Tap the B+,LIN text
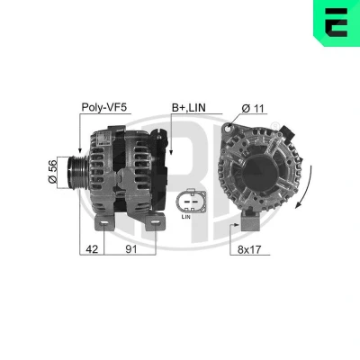[189, 108]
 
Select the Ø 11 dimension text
[253, 108]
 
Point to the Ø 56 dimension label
[52, 171]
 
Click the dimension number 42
[92, 248]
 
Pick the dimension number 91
[130, 248]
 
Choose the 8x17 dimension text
[249, 249]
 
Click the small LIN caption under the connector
[186, 217]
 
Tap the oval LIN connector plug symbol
[191, 201]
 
